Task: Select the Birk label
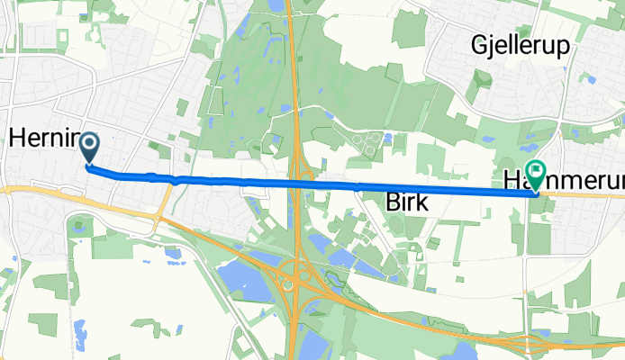point(407,202)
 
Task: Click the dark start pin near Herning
point(89,148)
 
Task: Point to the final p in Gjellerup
point(564,49)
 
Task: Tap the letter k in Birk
point(422,202)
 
